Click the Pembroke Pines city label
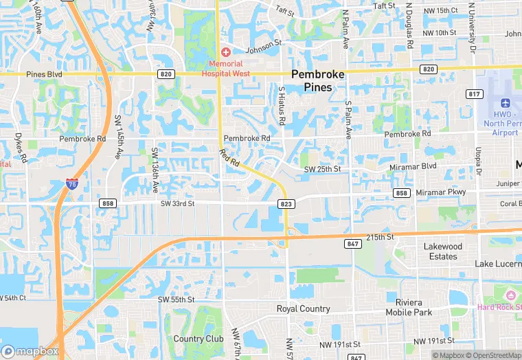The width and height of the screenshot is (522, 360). (321, 80)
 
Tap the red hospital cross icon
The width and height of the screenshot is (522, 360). (225, 52)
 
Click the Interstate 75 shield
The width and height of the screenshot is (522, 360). (72, 183)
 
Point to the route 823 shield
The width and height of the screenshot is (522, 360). (286, 203)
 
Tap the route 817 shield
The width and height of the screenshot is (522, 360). (473, 93)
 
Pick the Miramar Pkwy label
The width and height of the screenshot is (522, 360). (440, 192)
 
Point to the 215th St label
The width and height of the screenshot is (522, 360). (380, 237)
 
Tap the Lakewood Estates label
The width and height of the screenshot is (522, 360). (443, 251)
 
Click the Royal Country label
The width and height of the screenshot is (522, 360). (303, 309)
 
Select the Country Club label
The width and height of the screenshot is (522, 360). (198, 339)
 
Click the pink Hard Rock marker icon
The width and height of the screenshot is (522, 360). (510, 295)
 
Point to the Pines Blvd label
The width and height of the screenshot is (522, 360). (44, 74)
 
